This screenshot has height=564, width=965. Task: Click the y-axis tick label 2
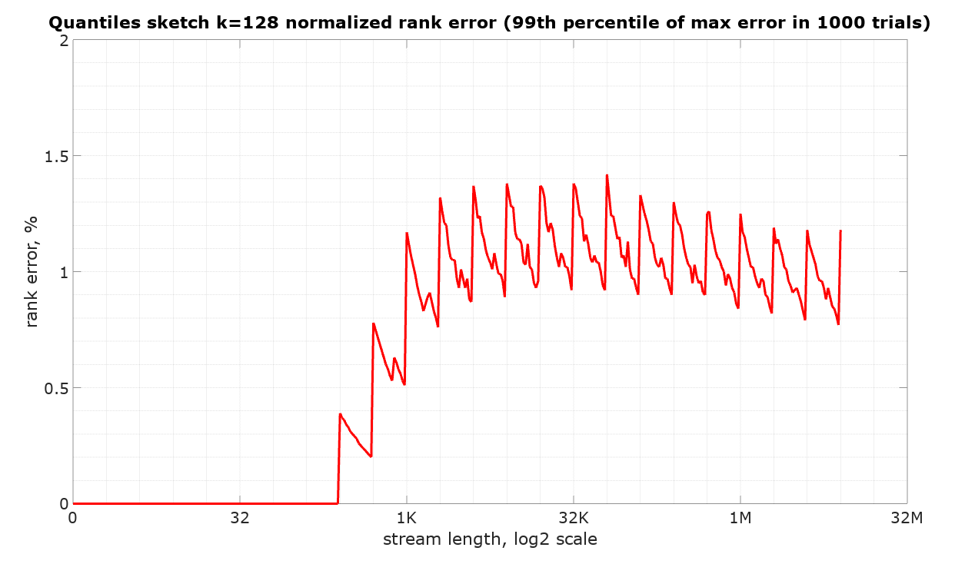pos(62,40)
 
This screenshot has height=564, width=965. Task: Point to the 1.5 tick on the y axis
pos(55,156)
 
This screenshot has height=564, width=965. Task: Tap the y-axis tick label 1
pos(62,272)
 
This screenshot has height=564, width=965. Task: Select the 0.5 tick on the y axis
pos(55,388)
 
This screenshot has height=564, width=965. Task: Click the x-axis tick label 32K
pos(574,518)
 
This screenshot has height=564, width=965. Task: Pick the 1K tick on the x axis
pos(407,518)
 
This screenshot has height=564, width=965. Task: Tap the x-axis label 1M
pos(740,518)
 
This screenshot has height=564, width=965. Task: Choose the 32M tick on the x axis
pos(907,518)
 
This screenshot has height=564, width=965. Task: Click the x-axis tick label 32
pos(240,518)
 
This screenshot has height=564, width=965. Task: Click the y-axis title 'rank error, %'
pos(32,271)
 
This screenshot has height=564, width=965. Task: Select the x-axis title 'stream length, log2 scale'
pos(490,539)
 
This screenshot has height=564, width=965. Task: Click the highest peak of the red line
pos(607,175)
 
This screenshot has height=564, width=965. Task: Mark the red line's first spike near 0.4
pos(340,413)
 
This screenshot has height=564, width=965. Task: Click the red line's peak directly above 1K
pos(407,233)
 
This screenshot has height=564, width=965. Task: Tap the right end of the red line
pos(840,231)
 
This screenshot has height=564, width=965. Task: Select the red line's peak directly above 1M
pos(740,214)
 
